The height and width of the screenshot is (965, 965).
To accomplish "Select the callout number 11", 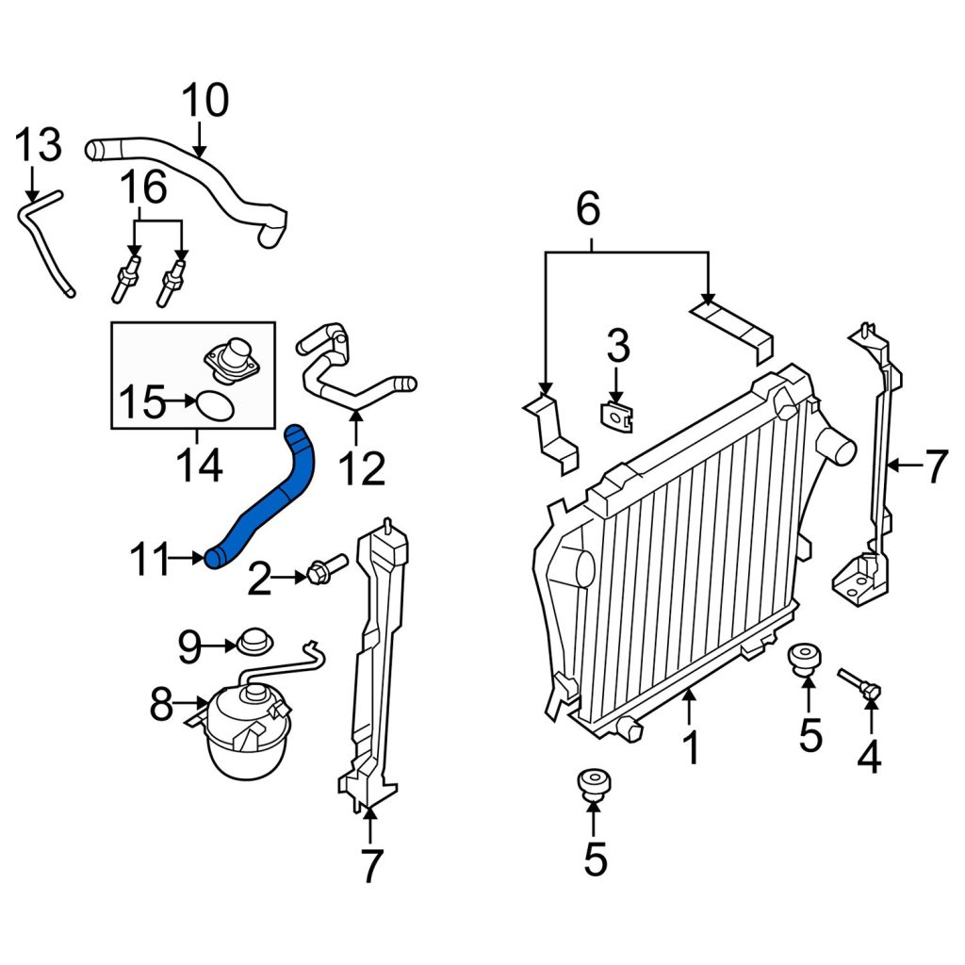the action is click(x=150, y=559).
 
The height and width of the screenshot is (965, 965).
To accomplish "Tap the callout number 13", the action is click(x=38, y=145).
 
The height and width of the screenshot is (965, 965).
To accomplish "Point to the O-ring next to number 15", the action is click(x=215, y=406).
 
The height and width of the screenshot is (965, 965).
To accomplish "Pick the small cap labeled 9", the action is click(x=254, y=642).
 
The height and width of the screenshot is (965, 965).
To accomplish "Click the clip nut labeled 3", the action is click(x=616, y=415).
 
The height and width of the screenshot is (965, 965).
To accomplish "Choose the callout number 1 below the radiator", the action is click(x=692, y=747).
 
